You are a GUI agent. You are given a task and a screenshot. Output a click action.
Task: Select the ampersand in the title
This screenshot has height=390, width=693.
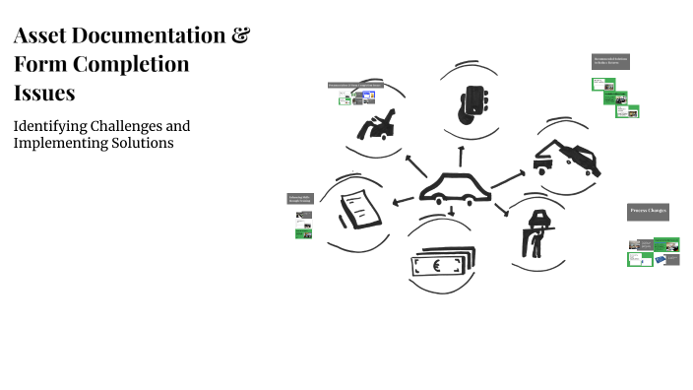[239, 37]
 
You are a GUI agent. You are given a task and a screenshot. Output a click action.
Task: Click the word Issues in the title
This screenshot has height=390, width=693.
[44, 93]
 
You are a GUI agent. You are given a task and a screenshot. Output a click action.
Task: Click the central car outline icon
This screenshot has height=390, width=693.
[455, 188]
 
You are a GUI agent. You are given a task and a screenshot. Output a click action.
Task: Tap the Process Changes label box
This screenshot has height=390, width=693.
[648, 212]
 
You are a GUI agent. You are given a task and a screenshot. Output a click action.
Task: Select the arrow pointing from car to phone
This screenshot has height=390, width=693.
[460, 155]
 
